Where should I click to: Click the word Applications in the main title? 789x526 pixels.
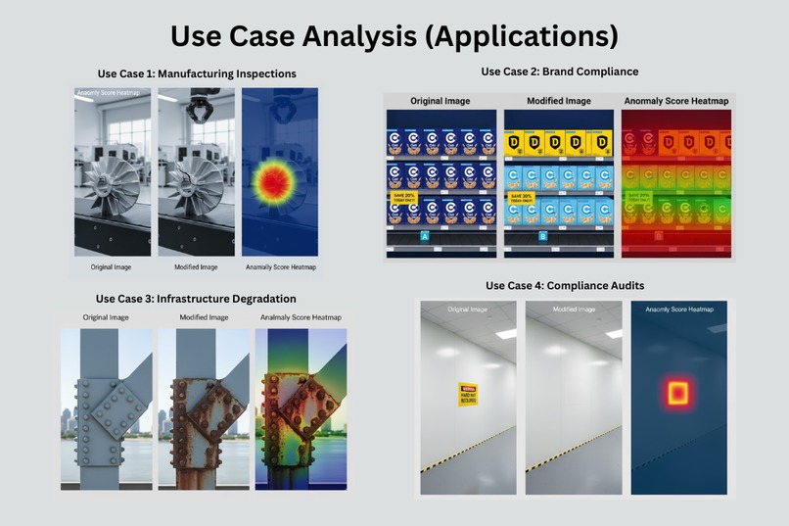pos(526,35)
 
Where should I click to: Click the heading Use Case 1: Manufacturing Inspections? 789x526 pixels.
pos(197,73)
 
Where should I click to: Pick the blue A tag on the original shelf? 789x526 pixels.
pos(424,237)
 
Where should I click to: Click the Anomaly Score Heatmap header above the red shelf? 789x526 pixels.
pos(675,101)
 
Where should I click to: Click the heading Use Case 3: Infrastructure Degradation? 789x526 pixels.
pos(196,299)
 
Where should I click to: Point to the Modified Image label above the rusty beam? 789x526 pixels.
pos(204,317)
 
